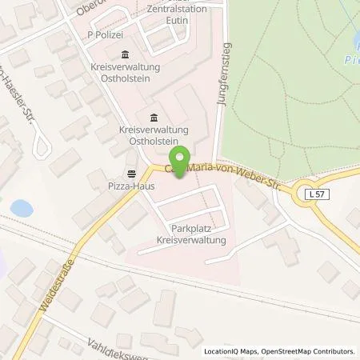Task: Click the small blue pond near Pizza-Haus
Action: pos(22,209)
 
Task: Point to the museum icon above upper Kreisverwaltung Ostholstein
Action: pos(125,54)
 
